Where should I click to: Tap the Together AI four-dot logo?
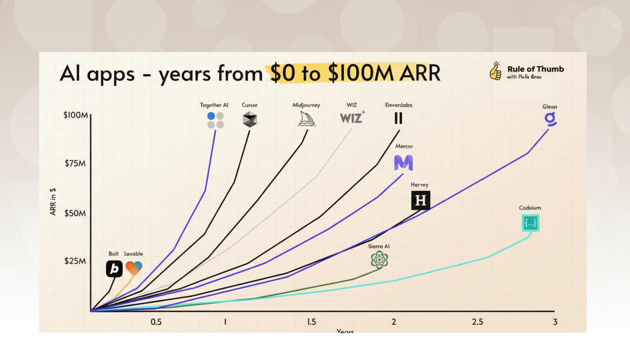pyautogui.click(x=215, y=120)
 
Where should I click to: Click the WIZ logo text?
pyautogui.click(x=352, y=118)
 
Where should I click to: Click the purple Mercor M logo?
pyautogui.click(x=403, y=163)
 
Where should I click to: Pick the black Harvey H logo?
pyautogui.click(x=420, y=201)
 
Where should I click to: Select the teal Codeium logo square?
pyautogui.click(x=531, y=223)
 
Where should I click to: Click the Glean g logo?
pyautogui.click(x=549, y=120)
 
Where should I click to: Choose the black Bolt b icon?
pyautogui.click(x=114, y=269)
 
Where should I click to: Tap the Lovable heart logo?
pyautogui.click(x=134, y=268)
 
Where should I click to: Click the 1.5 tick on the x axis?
pyautogui.click(x=311, y=322)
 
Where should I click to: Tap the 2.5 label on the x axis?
pyautogui.click(x=478, y=322)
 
